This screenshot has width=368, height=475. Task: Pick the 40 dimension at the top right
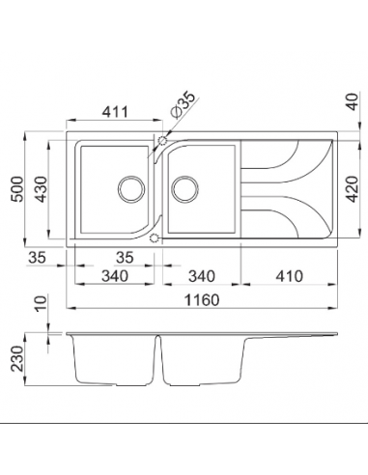click(351, 101)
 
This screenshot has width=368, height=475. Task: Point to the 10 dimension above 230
click(39, 308)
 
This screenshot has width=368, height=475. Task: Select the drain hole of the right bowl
click(184, 186)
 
